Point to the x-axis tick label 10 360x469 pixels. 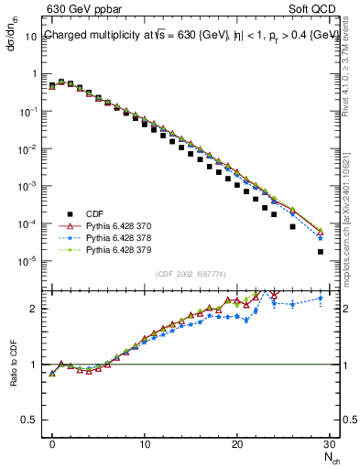point(145,444)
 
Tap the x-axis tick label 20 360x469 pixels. point(237,444)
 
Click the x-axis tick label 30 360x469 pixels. point(329,444)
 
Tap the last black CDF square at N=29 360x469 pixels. point(320,251)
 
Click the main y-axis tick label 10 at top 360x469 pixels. point(31,37)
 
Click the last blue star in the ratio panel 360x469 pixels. point(320,298)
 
